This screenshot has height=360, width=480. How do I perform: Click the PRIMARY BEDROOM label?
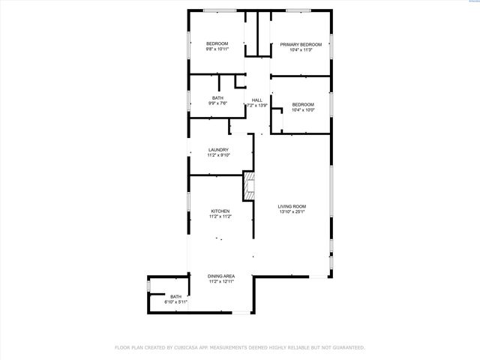tap(301, 44)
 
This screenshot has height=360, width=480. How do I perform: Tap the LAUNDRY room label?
tap(218, 150)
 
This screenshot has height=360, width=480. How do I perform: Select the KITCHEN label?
tap(220, 211)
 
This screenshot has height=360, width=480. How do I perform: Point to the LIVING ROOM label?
tap(292, 206)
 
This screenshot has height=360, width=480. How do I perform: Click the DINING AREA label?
tap(221, 276)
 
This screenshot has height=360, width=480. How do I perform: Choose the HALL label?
tap(257, 100)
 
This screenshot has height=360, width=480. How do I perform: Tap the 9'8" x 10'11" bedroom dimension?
tap(217, 49)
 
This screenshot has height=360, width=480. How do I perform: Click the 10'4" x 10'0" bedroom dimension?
tap(302, 110)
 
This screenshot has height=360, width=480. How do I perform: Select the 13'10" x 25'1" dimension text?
tap(292, 212)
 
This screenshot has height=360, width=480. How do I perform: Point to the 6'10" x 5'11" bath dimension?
tap(175, 301)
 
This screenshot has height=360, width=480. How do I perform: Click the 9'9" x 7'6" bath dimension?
tap(217, 103)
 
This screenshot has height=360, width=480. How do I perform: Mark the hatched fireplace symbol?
tap(249, 185)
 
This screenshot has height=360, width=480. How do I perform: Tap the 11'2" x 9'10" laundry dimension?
tap(218, 156)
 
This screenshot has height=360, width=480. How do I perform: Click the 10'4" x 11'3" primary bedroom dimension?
tap(301, 50)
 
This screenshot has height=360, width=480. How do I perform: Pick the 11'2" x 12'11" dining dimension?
tap(221, 282)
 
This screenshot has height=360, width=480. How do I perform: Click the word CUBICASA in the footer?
tap(190, 347)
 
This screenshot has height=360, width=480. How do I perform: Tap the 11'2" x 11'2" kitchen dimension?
tap(220, 217)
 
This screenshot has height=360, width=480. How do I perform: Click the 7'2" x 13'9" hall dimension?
tap(257, 106)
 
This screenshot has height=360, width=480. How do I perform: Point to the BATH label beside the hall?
tap(217, 97)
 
